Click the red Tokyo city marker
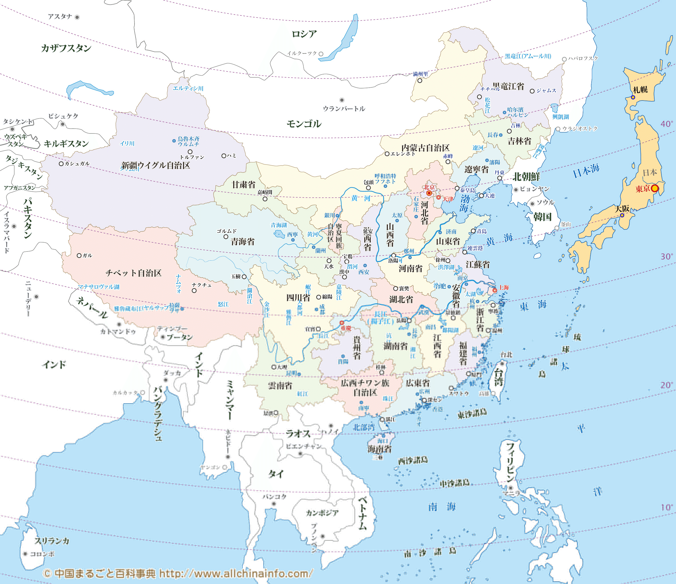pos(655,188)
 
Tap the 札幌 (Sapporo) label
pos(640,90)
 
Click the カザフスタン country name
pos(66,48)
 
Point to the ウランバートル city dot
pos(342,100)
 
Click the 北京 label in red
pos(429,187)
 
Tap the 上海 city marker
pos(495,290)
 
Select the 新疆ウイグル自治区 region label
pos(156,165)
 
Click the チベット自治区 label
pos(133,273)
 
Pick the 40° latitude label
pos(667,124)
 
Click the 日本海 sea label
pos(586,171)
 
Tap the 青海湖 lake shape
pos(279,234)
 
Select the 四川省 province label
pos(298,297)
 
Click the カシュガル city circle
pos(61,164)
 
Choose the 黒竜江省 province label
pos(508,86)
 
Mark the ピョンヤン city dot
pos(516,190)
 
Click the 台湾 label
pos(498,377)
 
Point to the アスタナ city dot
pos(77,17)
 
